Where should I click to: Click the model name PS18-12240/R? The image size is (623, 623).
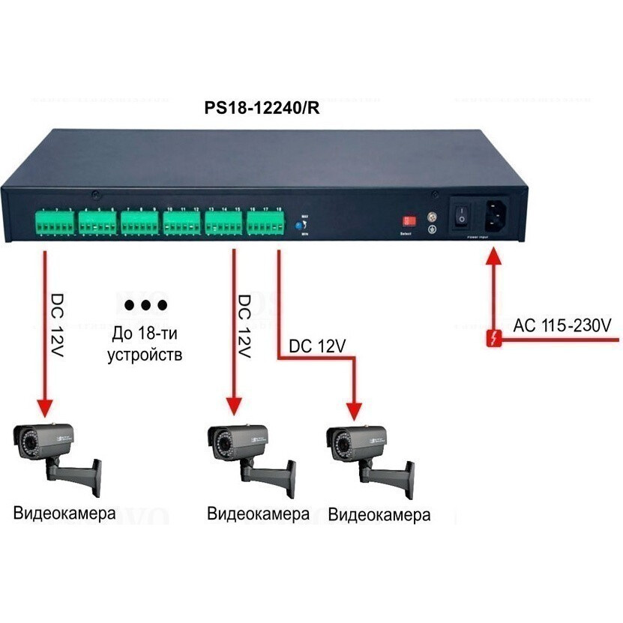(x=262, y=108)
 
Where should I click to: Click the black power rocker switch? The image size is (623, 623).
(x=462, y=217)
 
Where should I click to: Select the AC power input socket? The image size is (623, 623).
(x=493, y=217)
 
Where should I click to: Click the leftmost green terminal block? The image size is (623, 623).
(x=54, y=223)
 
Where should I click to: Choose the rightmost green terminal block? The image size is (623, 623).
(x=266, y=223)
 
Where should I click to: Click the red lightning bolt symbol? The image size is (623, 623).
(x=493, y=338)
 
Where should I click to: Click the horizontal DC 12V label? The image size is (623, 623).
(x=316, y=346)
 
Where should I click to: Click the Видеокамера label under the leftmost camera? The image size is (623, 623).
(x=64, y=514)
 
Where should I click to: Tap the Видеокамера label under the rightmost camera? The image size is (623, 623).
(x=380, y=515)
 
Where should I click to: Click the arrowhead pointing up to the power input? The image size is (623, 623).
(x=493, y=256)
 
